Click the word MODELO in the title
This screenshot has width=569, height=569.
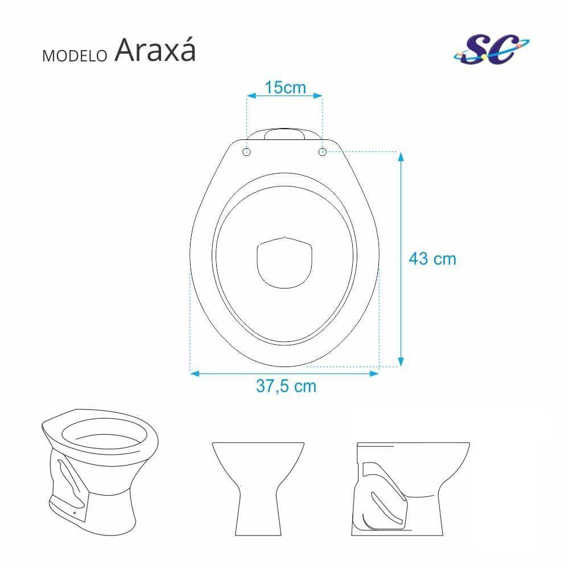pyautogui.click(x=75, y=56)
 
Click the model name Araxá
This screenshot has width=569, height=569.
pyautogui.click(x=155, y=51)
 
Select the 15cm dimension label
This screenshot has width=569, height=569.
pyautogui.click(x=285, y=88)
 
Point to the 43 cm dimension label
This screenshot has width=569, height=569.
pyautogui.click(x=432, y=259)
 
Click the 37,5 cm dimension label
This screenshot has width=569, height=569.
pyautogui.click(x=286, y=386)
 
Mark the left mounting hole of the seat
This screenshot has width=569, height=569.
pyautogui.click(x=246, y=152)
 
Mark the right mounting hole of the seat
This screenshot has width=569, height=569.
pyautogui.click(x=322, y=152)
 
